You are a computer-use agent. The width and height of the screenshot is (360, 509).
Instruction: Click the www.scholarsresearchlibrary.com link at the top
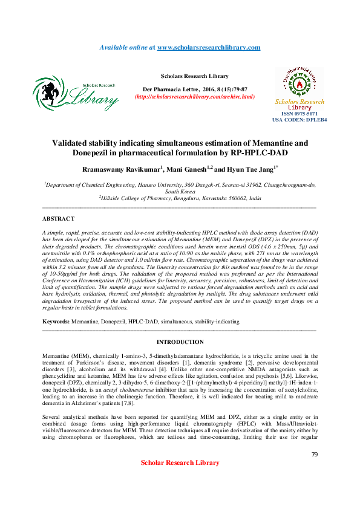coord(209,47)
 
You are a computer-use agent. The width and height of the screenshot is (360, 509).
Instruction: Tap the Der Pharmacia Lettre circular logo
coord(299,81)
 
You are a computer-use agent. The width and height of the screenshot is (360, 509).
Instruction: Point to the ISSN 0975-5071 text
coord(299,114)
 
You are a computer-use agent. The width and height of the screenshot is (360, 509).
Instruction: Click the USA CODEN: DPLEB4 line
coord(299,120)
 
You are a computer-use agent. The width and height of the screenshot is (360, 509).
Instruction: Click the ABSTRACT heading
coord(59,218)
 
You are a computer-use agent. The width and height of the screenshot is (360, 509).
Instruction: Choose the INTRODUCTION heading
coord(180,342)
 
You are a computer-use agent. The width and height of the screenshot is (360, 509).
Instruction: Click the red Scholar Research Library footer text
coord(180,462)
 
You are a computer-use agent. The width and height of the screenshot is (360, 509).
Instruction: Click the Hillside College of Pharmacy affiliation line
coord(180,197)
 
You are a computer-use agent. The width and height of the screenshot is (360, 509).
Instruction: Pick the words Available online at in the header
coord(127,47)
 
